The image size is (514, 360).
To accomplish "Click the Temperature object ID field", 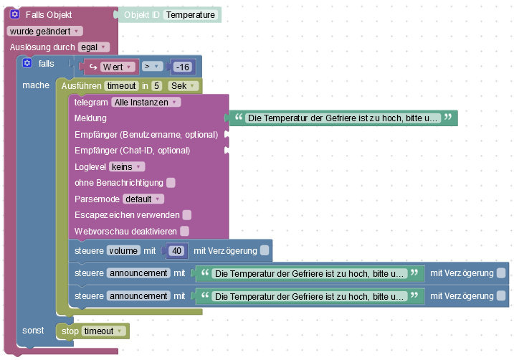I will point(190,14).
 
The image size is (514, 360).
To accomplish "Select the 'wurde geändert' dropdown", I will point(44,31).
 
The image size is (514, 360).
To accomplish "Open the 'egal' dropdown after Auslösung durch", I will point(93,47).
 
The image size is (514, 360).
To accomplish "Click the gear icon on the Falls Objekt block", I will point(14,14).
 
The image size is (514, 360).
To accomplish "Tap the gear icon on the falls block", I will point(27,64).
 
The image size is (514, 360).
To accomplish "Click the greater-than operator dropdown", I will point(151,67).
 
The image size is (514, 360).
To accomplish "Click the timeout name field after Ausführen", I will point(120,86).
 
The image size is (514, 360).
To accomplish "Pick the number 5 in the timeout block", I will point(156,86).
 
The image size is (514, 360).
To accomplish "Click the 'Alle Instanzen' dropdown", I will point(146,103).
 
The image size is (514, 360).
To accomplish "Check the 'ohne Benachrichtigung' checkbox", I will point(171,183).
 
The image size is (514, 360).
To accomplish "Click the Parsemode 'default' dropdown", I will point(143,199).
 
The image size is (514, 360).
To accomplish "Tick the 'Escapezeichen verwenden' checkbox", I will point(186,214).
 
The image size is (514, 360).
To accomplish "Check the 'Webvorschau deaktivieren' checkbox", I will point(184,231).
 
